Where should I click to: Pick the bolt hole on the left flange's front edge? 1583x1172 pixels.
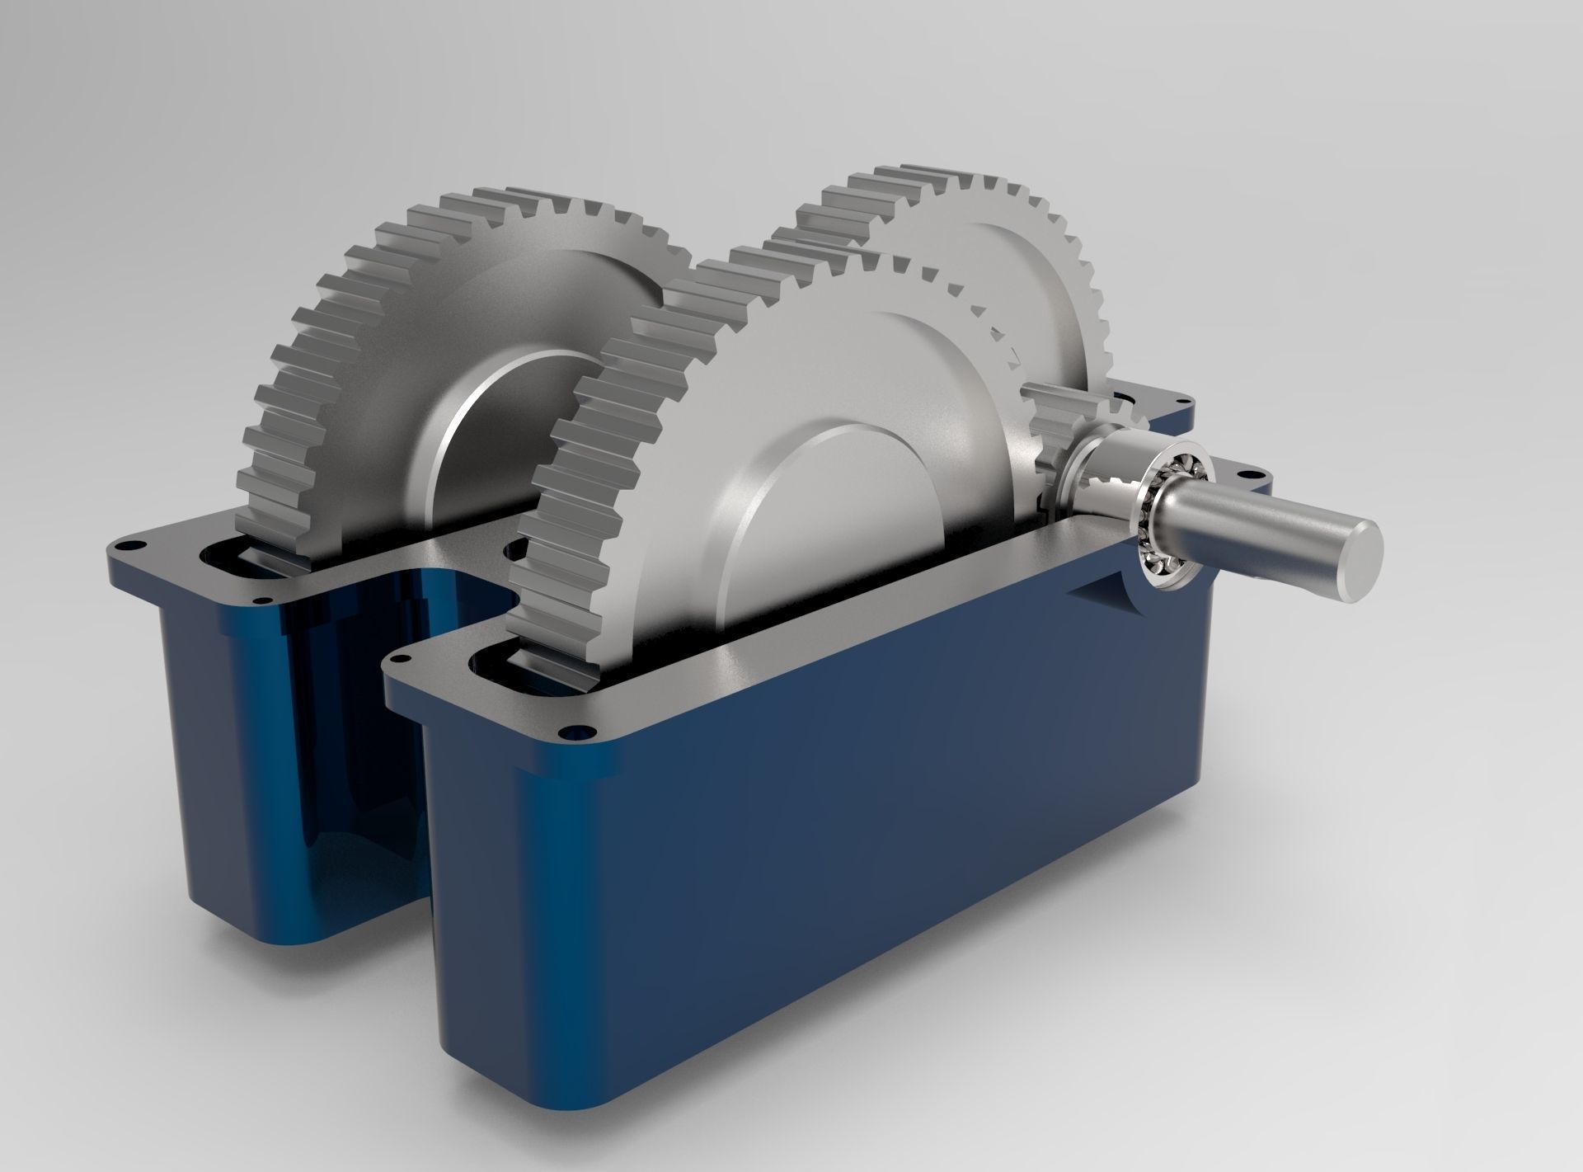263,600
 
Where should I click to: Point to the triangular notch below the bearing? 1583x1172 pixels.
1092,590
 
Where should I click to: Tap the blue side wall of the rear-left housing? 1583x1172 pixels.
239,742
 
